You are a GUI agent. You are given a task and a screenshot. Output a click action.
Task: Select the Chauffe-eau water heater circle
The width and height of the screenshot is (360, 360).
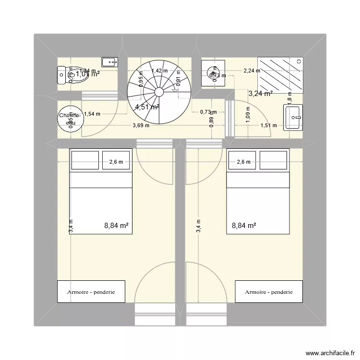click(x=68, y=119)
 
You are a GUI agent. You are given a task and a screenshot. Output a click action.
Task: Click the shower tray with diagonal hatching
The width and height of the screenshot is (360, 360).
click(x=280, y=74)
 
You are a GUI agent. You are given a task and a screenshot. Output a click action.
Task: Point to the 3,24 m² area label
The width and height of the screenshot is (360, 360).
click(x=261, y=94)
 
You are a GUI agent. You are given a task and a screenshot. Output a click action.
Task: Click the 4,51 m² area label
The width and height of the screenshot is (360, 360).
click(x=147, y=107)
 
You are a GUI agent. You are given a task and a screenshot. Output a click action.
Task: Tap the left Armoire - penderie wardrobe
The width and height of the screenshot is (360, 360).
click(x=91, y=292)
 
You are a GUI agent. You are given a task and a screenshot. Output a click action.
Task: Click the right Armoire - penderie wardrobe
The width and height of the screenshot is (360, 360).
click(x=269, y=292)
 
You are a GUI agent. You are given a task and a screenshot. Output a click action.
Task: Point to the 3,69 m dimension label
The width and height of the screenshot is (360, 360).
click(x=141, y=126)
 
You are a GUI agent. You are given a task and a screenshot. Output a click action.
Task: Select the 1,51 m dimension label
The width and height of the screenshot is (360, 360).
click(x=268, y=126)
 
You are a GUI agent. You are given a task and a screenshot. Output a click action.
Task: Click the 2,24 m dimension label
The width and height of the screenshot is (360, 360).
click(x=252, y=71)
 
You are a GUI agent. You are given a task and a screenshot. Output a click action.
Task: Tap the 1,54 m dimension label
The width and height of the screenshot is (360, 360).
click(x=92, y=114)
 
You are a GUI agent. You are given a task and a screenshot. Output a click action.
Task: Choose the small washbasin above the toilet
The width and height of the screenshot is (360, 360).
click(x=110, y=61)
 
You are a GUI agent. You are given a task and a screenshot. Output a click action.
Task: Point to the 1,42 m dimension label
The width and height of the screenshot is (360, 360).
click(x=159, y=71)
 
